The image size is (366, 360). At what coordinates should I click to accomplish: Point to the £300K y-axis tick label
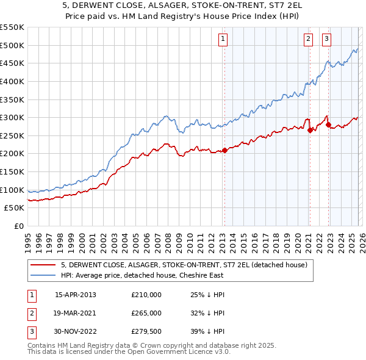coord(12,117)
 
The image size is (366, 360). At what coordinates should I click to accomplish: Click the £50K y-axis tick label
coord(15,208)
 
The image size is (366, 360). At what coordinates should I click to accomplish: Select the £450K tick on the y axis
coord(12,63)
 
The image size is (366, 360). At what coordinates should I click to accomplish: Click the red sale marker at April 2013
coord(224,150)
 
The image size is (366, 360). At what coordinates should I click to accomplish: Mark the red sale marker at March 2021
coord(310,130)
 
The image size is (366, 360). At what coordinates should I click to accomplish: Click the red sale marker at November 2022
coord(328,125)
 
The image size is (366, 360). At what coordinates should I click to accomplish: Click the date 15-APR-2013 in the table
coord(76,295)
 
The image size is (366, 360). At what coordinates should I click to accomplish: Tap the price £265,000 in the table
coord(146,313)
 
